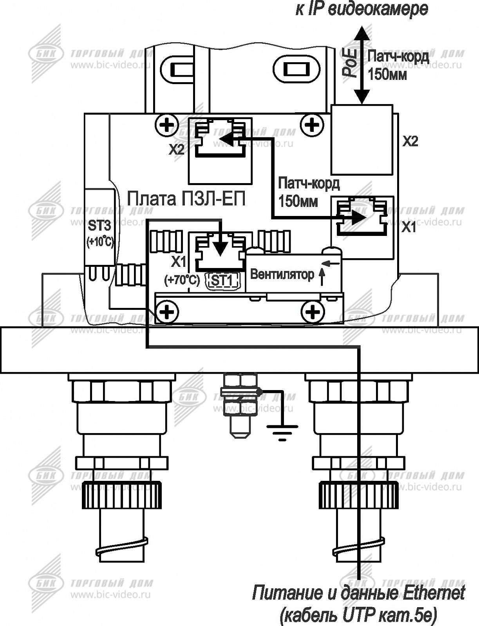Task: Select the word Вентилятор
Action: coord(282,275)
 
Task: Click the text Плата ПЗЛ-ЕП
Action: coord(186,199)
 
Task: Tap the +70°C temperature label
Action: coord(182,281)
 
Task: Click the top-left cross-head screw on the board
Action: coord(167,125)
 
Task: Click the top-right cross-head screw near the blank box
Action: coord(313,125)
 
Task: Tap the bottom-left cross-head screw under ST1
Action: coord(167,312)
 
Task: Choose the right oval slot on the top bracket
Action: coord(296,69)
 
